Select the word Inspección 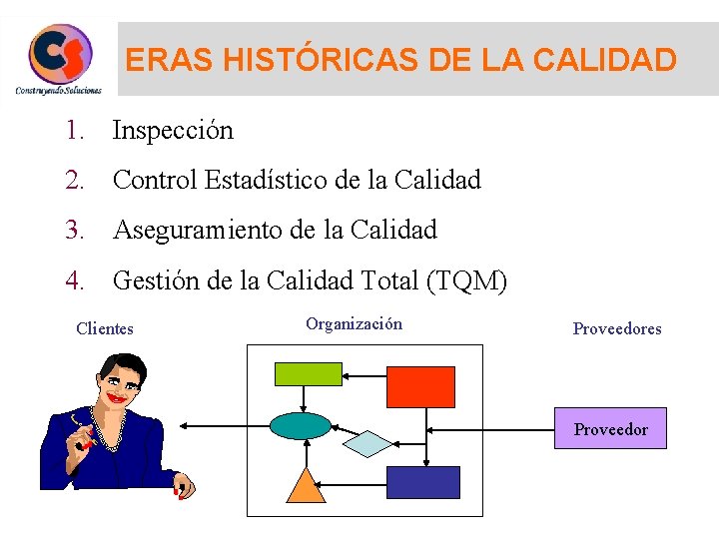(x=173, y=130)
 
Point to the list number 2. (x=74, y=180)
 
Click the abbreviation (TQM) (x=466, y=281)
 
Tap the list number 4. (x=74, y=281)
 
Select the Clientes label (x=105, y=328)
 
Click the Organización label (x=355, y=323)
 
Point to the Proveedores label (x=617, y=328)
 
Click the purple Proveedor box (x=610, y=429)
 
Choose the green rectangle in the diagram (x=309, y=373)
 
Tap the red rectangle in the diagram (x=420, y=387)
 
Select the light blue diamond (x=368, y=443)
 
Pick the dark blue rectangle (x=422, y=482)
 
